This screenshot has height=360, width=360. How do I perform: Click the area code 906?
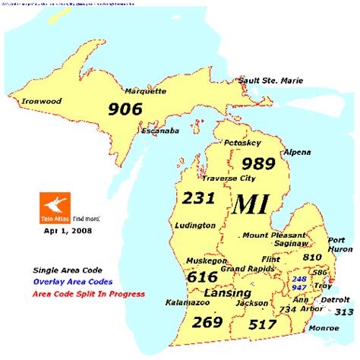point(125,109)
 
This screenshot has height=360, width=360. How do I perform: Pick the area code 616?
point(202,276)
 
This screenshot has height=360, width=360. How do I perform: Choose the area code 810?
point(311,257)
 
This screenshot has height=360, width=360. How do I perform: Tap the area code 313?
point(344,311)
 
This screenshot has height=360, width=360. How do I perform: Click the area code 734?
point(287,310)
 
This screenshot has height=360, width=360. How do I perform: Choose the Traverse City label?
point(229,178)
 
